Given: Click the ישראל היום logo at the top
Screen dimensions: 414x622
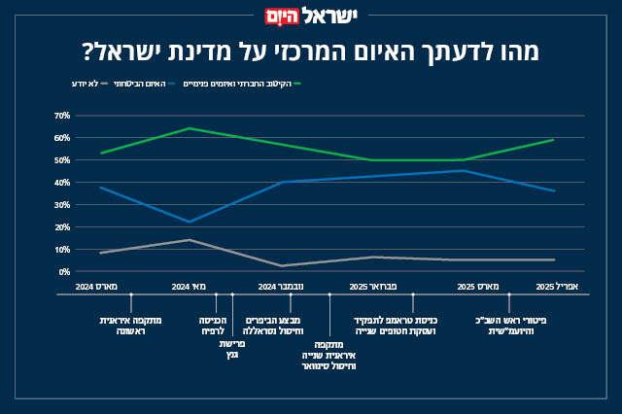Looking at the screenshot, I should coord(310,17).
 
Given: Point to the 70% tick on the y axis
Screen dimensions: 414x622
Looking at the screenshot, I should coord(62,116).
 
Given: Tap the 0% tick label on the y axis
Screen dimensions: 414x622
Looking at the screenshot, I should coord(64,272).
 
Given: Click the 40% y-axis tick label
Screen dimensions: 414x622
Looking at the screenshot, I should coord(62,183).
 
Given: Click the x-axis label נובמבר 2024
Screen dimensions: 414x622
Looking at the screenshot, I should coord(282,288).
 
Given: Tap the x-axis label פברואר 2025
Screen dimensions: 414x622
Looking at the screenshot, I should coord(373,288).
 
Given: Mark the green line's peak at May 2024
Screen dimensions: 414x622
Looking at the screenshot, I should coord(190,128).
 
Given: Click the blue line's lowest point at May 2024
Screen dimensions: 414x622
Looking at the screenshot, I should coord(190,222).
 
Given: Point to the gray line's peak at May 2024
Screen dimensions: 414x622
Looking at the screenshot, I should coord(190,240).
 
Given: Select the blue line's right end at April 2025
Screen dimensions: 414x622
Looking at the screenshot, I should coord(554,190).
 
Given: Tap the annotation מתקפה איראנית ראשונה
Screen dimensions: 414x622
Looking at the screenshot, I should coord(130,326).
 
